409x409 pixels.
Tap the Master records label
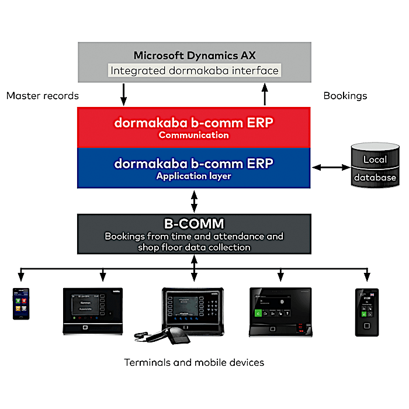(43, 96)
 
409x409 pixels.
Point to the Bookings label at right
(345, 96)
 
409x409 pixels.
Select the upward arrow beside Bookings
(264, 94)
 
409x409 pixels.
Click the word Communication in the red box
(193, 135)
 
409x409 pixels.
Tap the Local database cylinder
(375, 168)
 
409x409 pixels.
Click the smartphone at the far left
(21, 304)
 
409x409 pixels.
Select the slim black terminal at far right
(367, 311)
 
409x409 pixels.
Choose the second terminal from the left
(93, 310)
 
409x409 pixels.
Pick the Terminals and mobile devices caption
(193, 363)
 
